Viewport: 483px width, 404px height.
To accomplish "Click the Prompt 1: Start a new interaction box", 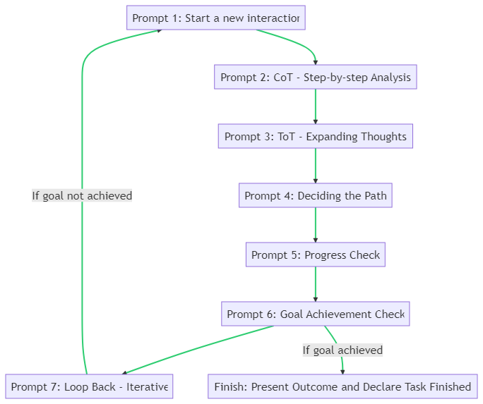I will pos(215,18).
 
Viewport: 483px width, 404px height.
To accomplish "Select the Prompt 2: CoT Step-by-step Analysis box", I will pos(315,77).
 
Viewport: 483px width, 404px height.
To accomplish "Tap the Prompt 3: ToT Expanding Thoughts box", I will pos(315,136).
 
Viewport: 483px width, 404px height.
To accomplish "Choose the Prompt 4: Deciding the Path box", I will pos(315,195).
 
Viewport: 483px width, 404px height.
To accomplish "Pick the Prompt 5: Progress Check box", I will pos(315,255).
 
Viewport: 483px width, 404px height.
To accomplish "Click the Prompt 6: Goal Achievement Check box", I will pos(315,314).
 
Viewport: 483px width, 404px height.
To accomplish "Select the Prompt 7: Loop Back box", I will pos(89,386).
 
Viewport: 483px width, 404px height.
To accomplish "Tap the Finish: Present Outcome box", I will pos(342,386).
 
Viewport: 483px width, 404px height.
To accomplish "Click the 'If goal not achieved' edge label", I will pos(82,195).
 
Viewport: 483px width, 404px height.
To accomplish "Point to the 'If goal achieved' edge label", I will pos(342,350).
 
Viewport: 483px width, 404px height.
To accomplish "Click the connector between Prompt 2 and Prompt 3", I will pos(315,106).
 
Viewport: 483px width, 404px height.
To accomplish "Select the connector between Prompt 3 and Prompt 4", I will pos(315,166).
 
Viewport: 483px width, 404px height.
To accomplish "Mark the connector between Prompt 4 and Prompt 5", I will pos(315,225).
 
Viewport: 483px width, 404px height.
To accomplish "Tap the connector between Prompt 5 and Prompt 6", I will pos(315,284).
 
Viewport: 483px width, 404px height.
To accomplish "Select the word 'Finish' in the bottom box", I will pos(229,386).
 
